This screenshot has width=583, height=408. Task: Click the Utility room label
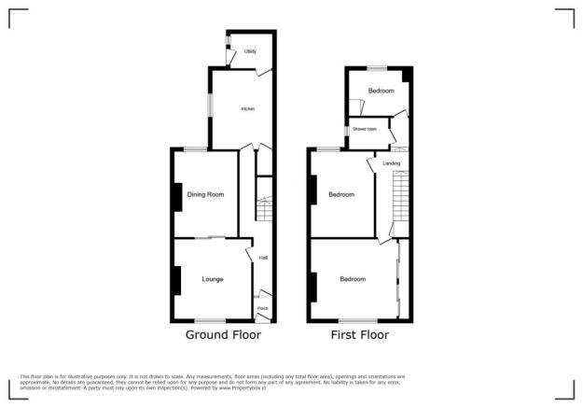pyautogui.click(x=250, y=51)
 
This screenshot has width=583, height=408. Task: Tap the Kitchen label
pyautogui.click(x=247, y=109)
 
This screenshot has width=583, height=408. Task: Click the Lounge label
pyautogui.click(x=212, y=279)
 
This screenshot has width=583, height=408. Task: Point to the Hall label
pyautogui.click(x=263, y=258)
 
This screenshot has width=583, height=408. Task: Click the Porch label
pyautogui.click(x=263, y=308)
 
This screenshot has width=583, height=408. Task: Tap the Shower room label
pyautogui.click(x=363, y=129)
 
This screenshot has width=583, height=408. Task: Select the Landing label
pyautogui.click(x=391, y=163)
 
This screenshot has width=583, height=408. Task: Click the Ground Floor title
pyautogui.click(x=222, y=334)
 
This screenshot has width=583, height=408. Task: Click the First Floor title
pyautogui.click(x=359, y=334)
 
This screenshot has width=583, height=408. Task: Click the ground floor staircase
pyautogui.click(x=264, y=209)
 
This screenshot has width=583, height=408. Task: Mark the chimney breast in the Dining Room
pyautogui.click(x=175, y=195)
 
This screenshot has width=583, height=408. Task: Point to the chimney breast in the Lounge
pyautogui.click(x=175, y=280)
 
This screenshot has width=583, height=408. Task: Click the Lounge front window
pyautogui.click(x=212, y=321)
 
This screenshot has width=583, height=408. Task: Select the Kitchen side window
pyautogui.click(x=209, y=105)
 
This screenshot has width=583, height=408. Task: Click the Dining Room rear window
pyautogui.click(x=195, y=149)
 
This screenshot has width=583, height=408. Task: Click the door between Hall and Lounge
pyautogui.click(x=250, y=254)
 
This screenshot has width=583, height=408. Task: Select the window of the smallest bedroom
pyautogui.click(x=377, y=67)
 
